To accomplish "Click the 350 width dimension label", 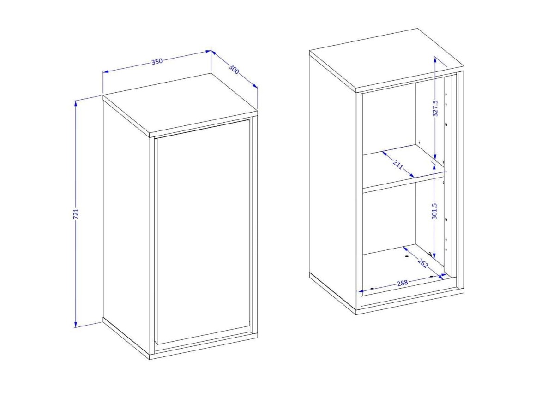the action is [157, 61].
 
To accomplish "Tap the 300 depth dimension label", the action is [234, 69].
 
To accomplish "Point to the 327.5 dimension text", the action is [435, 108].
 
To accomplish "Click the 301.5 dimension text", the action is [434, 211].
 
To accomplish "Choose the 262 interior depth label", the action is [423, 263].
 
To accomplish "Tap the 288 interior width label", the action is [403, 283].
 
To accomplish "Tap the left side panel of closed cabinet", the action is [126, 217].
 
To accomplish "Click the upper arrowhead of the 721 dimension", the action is [76, 103].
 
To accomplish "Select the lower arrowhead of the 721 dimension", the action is [76, 324].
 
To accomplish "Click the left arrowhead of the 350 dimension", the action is [106, 72].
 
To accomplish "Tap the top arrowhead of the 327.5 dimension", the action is [435, 60].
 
